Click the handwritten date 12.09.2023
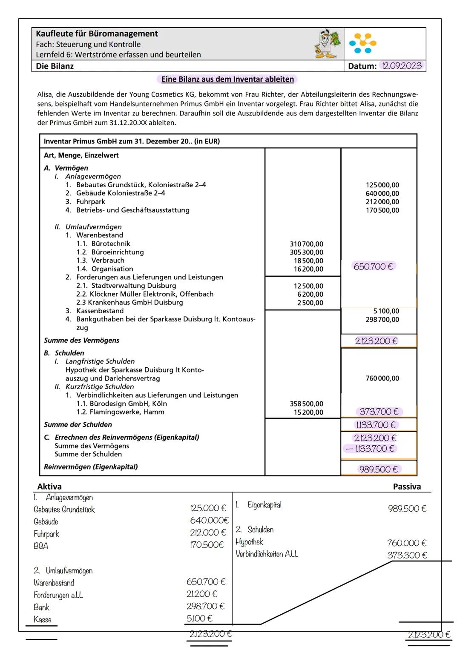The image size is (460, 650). [x=402, y=66]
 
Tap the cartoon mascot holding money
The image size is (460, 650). [x=328, y=44]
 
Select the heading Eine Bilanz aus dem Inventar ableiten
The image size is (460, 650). [x=227, y=79]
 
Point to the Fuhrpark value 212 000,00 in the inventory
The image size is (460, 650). [x=382, y=202]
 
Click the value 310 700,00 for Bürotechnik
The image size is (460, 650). [x=306, y=244]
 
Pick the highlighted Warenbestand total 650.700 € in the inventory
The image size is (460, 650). [x=374, y=266]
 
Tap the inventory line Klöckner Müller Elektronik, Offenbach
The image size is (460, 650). [x=145, y=294]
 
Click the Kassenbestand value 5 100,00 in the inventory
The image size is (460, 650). [x=386, y=311]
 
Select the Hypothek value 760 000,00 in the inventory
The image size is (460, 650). [x=382, y=378]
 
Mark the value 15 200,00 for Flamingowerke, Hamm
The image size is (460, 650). [x=308, y=412]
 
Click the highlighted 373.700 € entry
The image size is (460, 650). [x=379, y=412]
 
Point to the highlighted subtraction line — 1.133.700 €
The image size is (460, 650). [x=370, y=449]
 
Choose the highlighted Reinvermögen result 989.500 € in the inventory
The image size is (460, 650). [x=378, y=469]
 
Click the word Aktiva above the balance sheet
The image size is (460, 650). [x=49, y=487]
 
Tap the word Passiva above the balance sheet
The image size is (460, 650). [x=406, y=487]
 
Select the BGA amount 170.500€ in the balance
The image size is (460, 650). [x=207, y=545]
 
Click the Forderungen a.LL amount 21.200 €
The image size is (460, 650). [x=202, y=594]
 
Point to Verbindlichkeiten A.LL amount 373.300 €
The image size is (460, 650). [x=406, y=555]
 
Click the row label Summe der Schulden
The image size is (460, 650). [x=78, y=424]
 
